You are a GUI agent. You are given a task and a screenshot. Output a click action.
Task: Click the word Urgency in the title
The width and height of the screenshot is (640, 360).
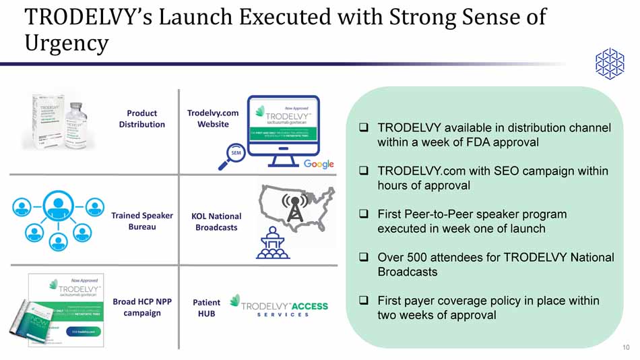point(66,43)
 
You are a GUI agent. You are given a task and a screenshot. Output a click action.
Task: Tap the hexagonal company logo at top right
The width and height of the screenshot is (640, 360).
point(610,63)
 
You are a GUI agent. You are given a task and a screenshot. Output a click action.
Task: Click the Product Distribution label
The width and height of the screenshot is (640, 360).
point(141,119)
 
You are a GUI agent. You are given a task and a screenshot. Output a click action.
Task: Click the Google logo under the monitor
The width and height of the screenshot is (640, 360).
point(319,164)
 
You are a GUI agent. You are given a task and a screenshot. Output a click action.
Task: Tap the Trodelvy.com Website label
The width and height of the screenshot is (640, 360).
point(213,119)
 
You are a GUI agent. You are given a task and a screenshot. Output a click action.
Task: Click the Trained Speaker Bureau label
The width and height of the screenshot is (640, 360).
point(141,221)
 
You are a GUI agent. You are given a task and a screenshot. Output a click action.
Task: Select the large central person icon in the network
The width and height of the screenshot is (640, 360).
point(58,205)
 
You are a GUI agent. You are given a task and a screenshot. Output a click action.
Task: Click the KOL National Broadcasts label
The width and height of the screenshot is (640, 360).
point(216,222)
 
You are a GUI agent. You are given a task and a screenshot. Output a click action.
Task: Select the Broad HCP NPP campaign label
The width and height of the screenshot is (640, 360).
point(141,307)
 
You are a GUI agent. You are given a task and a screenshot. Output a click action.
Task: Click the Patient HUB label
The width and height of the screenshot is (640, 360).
point(206,308)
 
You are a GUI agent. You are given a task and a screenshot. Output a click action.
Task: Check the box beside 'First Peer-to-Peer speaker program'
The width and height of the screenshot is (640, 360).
point(363,214)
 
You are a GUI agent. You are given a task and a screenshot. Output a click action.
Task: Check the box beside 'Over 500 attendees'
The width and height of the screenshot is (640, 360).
point(363,258)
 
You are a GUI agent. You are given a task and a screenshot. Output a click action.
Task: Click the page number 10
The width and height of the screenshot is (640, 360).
point(626,347)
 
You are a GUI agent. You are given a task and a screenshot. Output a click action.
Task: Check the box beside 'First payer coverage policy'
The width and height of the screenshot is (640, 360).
point(363,301)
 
